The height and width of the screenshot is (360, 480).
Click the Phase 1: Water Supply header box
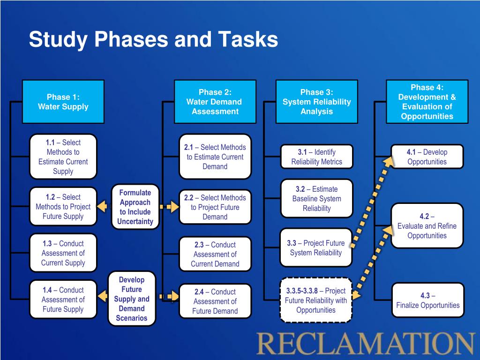pos(63,102)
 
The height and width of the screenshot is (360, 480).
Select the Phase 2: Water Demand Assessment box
pos(215,102)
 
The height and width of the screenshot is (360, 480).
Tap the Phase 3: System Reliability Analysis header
pos(316,102)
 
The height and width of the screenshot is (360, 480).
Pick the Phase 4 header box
pos(427,102)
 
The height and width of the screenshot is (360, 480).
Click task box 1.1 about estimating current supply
pos(63,157)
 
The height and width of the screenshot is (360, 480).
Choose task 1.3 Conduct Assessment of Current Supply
pos(63,253)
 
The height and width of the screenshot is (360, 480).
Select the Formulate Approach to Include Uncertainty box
pos(135,207)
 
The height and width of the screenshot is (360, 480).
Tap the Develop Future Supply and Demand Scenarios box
pos(132,299)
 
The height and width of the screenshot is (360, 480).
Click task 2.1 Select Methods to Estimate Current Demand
pos(215,157)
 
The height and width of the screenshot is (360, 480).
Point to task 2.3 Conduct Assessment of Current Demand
pos(215,254)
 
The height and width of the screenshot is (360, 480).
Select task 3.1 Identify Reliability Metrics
pos(316,157)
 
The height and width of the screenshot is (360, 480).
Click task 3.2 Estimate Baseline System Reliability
pos(316,198)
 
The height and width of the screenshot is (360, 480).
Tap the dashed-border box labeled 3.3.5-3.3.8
pos(316,300)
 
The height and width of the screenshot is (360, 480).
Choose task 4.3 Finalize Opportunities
pos(427,300)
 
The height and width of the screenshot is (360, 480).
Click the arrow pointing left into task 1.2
pos(102,206)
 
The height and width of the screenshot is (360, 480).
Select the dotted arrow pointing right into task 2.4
pos(169,296)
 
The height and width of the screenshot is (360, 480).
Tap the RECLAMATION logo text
pos(366,344)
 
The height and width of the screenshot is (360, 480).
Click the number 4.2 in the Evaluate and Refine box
pos(424,216)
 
